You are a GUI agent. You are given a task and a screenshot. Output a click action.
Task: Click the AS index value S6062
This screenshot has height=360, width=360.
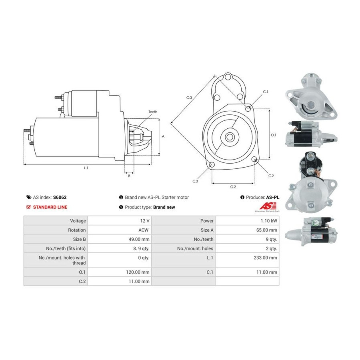pos(60,197)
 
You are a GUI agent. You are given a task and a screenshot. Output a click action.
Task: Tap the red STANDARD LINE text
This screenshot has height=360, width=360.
pos(50,207)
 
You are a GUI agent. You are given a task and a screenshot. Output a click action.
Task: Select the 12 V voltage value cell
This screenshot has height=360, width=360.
pos(119,221)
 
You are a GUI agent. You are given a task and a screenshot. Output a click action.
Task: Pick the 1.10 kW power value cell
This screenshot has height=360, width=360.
pos(247,221)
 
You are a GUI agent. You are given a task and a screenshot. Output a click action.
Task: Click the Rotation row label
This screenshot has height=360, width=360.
pos(77,230)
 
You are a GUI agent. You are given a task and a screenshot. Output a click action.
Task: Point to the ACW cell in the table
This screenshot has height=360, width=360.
pos(119,230)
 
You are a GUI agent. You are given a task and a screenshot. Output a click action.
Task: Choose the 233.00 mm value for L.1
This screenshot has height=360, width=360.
pos(266,258)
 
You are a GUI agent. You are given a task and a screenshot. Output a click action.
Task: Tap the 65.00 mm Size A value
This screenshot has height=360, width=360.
pos(267,230)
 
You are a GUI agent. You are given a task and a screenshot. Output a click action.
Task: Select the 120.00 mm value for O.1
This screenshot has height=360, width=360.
pos(138,272)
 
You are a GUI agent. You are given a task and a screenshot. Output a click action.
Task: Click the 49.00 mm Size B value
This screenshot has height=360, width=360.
pos(139,239)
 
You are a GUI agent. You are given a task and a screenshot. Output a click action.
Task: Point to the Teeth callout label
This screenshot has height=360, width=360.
pos(153,112)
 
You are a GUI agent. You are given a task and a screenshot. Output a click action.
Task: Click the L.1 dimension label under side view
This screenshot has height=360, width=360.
pos(86,168)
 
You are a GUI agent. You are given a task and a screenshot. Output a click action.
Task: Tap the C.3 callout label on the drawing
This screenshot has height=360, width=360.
pos(195,181)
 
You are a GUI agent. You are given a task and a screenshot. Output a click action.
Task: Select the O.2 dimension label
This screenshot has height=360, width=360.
pos(233,187)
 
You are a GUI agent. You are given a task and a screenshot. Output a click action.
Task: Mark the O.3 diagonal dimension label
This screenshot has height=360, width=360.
pos(189,98)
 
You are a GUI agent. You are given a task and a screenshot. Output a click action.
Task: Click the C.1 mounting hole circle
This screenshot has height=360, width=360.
pos(248,108)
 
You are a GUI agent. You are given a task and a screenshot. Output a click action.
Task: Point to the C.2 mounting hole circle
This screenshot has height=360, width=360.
pos(254,159)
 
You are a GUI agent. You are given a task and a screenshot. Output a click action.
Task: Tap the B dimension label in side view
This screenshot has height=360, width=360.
pos(129,176)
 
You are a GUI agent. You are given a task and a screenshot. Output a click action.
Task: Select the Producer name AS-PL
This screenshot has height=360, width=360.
pos(273,197)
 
